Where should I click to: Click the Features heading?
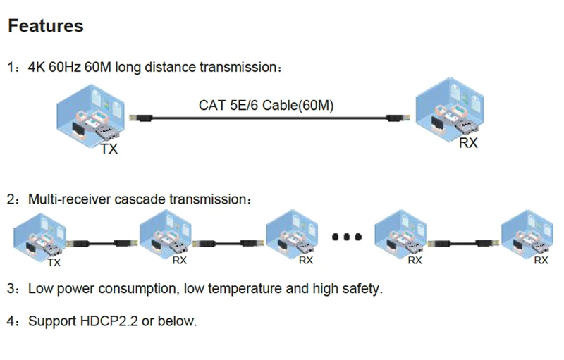click(x=46, y=26)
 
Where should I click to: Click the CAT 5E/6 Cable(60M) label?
click(x=266, y=105)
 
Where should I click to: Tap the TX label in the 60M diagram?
click(x=109, y=149)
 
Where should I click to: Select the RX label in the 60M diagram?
click(x=468, y=142)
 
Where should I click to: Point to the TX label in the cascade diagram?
click(x=54, y=263)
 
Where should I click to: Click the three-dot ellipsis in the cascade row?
click(x=346, y=237)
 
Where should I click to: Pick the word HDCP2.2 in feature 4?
click(x=109, y=321)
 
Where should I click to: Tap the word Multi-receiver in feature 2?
click(x=69, y=199)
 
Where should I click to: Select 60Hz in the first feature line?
click(x=65, y=67)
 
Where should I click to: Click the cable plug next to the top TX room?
click(x=141, y=118)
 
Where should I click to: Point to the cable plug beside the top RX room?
click(x=398, y=118)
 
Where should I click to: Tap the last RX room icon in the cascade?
click(x=527, y=234)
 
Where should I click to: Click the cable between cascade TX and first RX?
click(x=102, y=243)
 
